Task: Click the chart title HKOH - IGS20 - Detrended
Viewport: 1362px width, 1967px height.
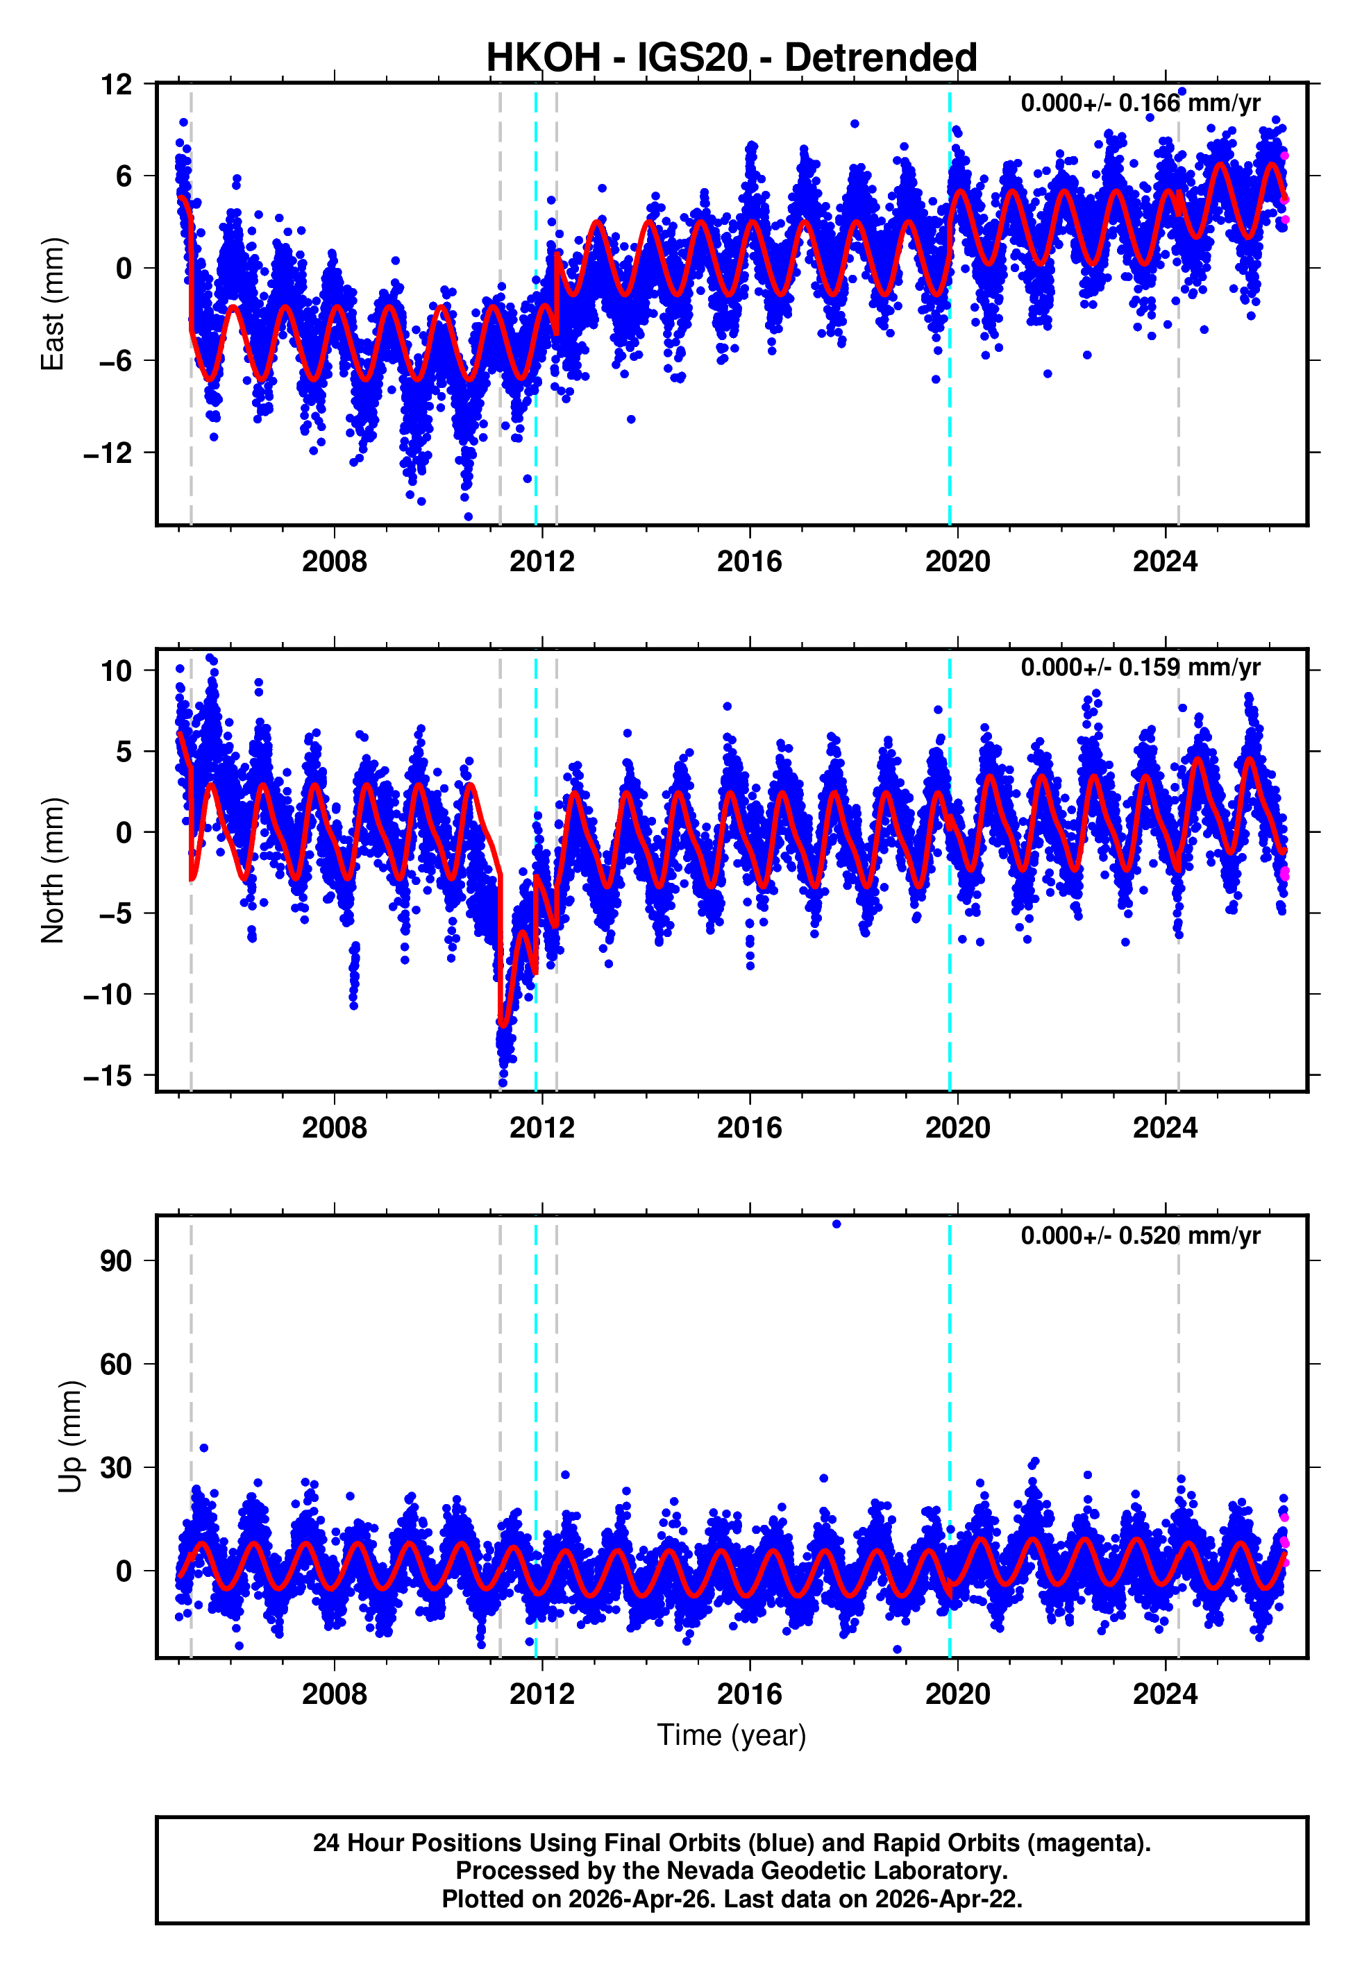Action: (732, 58)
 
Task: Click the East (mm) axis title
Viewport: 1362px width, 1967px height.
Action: (53, 304)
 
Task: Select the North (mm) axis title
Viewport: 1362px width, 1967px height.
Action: (53, 870)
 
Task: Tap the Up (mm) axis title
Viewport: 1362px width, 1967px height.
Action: (70, 1437)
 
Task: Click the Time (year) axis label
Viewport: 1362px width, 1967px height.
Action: (732, 1735)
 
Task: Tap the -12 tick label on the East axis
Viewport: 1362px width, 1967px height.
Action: (108, 453)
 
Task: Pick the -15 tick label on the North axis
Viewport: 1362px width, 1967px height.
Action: (108, 1076)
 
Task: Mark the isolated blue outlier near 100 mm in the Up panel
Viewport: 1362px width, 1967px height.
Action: (836, 1224)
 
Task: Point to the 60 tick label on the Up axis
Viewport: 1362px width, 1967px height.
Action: (116, 1364)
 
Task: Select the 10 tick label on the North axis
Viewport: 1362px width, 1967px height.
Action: (116, 670)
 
